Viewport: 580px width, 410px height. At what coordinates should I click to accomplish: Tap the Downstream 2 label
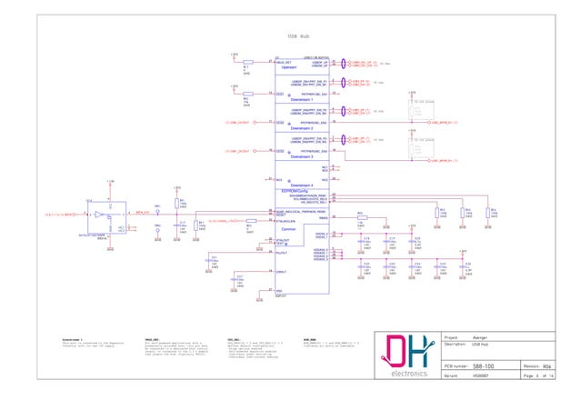pos(302,129)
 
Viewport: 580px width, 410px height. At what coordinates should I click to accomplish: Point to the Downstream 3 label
pos(302,156)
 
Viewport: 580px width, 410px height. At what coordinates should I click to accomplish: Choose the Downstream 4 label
pos(302,185)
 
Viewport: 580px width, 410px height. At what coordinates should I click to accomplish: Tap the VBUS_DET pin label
pos(285,61)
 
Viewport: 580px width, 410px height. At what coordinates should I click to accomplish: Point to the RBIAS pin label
pos(323,218)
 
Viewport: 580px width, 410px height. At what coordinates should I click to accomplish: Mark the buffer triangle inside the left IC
pos(97,215)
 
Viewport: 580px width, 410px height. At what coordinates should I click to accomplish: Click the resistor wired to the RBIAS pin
pos(361,218)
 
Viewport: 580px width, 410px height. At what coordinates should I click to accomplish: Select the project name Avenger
pos(479,337)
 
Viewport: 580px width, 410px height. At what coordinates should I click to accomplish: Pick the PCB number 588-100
pos(483,365)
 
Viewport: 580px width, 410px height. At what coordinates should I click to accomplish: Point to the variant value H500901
pos(479,375)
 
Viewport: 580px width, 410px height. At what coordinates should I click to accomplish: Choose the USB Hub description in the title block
pos(479,345)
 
